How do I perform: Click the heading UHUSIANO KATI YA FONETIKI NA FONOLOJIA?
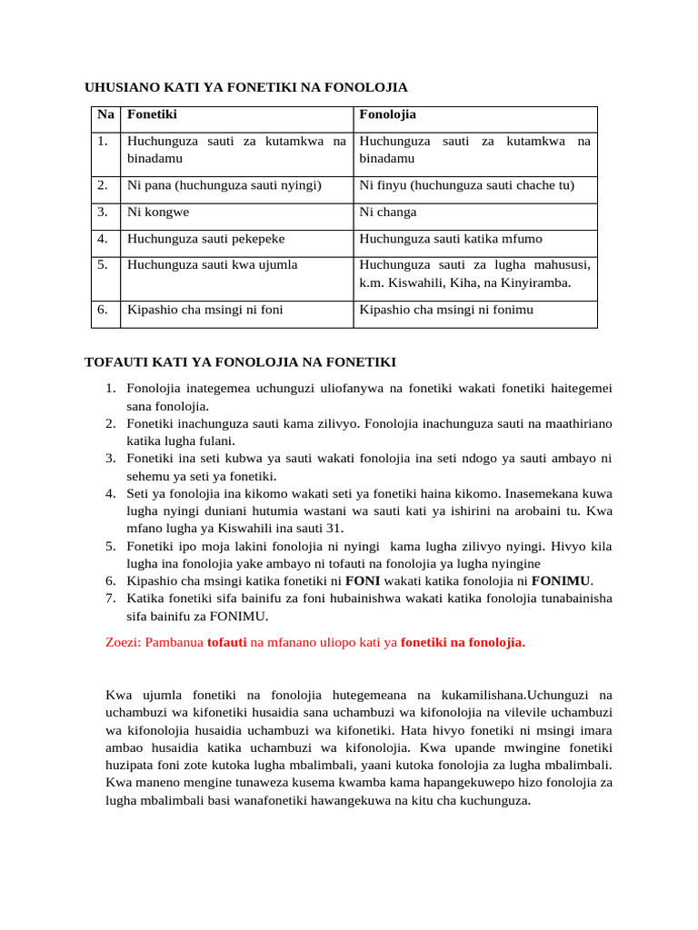(x=245, y=88)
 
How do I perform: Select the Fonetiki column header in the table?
(x=152, y=115)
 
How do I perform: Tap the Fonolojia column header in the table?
(x=387, y=115)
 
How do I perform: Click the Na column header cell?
(x=105, y=115)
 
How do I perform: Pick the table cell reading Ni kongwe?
(x=158, y=213)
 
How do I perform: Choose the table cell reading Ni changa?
(x=388, y=213)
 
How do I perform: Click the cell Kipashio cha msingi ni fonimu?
(x=446, y=310)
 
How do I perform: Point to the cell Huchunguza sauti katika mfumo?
(x=451, y=239)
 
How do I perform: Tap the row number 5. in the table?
(x=104, y=265)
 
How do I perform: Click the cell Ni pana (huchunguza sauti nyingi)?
(x=224, y=185)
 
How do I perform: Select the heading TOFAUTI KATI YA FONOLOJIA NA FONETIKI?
(x=240, y=362)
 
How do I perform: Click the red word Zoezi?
(x=124, y=643)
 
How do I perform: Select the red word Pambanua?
(x=177, y=643)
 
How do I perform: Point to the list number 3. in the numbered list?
(x=109, y=459)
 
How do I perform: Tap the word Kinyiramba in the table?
(x=534, y=282)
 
